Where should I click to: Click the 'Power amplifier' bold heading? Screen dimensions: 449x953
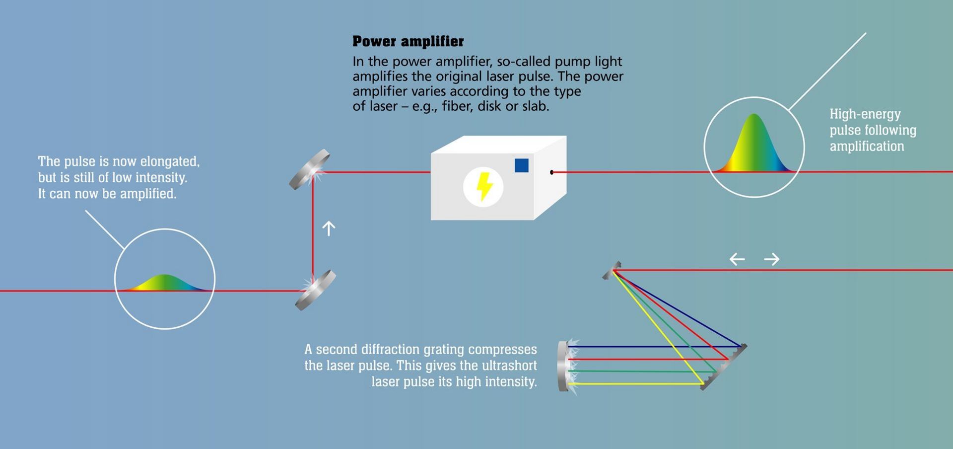(x=408, y=41)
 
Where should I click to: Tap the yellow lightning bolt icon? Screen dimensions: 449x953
(x=484, y=187)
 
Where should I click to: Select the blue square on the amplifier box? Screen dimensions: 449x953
(x=521, y=165)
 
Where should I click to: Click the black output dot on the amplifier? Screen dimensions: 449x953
(x=551, y=172)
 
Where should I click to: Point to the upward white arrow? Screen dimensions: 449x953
(x=329, y=228)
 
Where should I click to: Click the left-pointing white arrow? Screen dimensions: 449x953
(x=737, y=259)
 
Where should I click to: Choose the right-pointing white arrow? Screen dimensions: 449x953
(x=772, y=259)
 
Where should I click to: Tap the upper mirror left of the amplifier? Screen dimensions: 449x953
(x=310, y=169)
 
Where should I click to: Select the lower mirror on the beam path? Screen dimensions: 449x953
(x=316, y=290)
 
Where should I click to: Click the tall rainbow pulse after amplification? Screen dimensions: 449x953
(x=754, y=147)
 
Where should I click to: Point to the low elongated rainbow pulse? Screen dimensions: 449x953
(x=164, y=283)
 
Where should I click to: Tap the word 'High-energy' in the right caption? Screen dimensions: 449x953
(x=865, y=114)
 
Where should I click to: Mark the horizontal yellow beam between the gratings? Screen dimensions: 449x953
(x=635, y=383)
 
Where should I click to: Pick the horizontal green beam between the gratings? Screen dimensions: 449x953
(x=640, y=371)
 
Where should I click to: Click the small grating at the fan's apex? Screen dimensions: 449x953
(x=612, y=270)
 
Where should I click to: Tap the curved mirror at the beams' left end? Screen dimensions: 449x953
(x=564, y=366)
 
